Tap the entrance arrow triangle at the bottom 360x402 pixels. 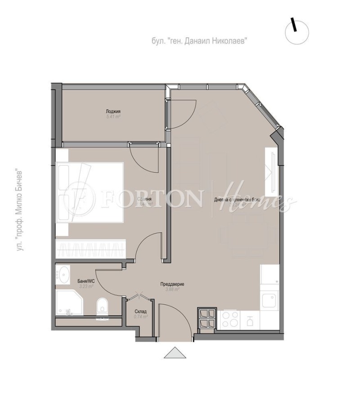175,353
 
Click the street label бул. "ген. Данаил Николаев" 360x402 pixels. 200,41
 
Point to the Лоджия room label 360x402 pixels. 113,111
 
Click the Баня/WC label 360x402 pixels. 85,281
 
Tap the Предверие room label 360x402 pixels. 172,284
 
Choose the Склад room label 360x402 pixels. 140,311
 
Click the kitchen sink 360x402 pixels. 270,299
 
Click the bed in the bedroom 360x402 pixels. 90,193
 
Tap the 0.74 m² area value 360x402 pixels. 140,316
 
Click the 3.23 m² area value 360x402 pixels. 85,286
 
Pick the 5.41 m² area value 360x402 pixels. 113,117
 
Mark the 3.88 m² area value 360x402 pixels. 172,289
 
